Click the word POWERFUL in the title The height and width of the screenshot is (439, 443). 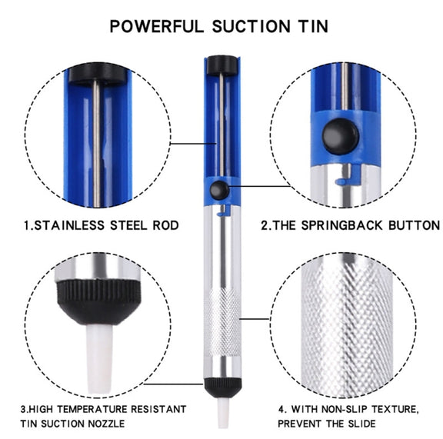point(157,27)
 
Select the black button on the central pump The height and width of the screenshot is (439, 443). point(219,190)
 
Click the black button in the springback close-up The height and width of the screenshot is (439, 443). point(341,137)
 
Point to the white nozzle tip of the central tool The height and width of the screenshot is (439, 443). point(223,411)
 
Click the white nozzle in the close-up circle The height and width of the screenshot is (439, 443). point(99,358)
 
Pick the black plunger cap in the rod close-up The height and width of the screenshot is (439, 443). point(98,74)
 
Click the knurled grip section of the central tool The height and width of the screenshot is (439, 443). point(222,322)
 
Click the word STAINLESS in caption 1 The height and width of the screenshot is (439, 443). point(69,225)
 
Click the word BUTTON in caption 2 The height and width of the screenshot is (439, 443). point(414,225)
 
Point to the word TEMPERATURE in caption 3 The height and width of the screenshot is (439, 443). point(92,409)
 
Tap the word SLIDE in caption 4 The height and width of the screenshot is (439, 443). point(361,424)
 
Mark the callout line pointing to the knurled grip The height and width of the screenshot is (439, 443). point(255,319)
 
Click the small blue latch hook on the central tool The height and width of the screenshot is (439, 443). point(222,211)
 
